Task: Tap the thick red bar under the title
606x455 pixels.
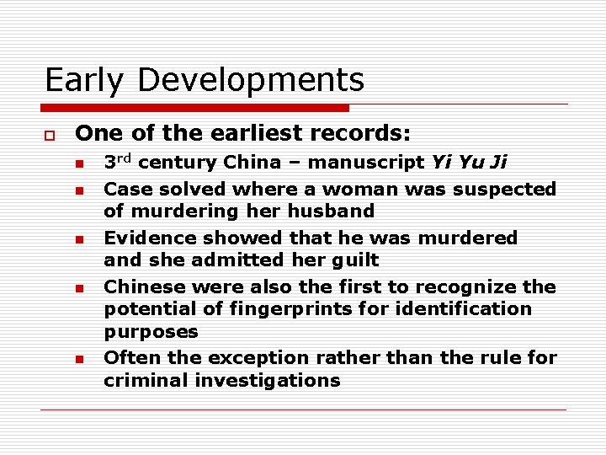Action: (195, 108)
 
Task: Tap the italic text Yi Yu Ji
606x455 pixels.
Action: (469, 163)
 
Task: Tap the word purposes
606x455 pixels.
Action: (151, 331)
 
